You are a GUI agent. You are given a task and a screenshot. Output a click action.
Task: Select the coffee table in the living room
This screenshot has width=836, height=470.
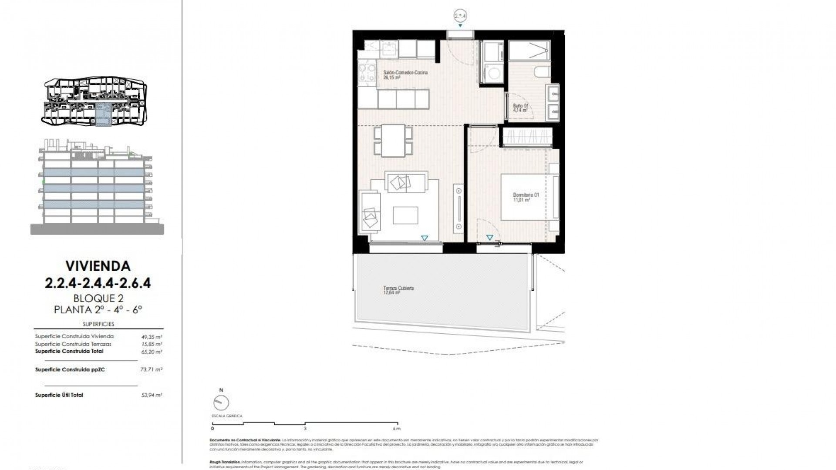click(405, 215)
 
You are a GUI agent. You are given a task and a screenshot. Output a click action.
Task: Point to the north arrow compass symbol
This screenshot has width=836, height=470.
click(222, 402)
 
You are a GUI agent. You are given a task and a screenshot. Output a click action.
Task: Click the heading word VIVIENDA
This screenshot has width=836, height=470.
click(98, 265)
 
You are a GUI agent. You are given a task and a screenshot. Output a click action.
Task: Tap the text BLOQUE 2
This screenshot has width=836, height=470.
click(98, 299)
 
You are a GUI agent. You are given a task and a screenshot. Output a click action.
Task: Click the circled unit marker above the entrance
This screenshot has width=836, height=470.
click(460, 16)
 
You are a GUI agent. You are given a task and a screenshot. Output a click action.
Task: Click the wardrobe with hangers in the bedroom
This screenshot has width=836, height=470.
click(527, 136)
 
